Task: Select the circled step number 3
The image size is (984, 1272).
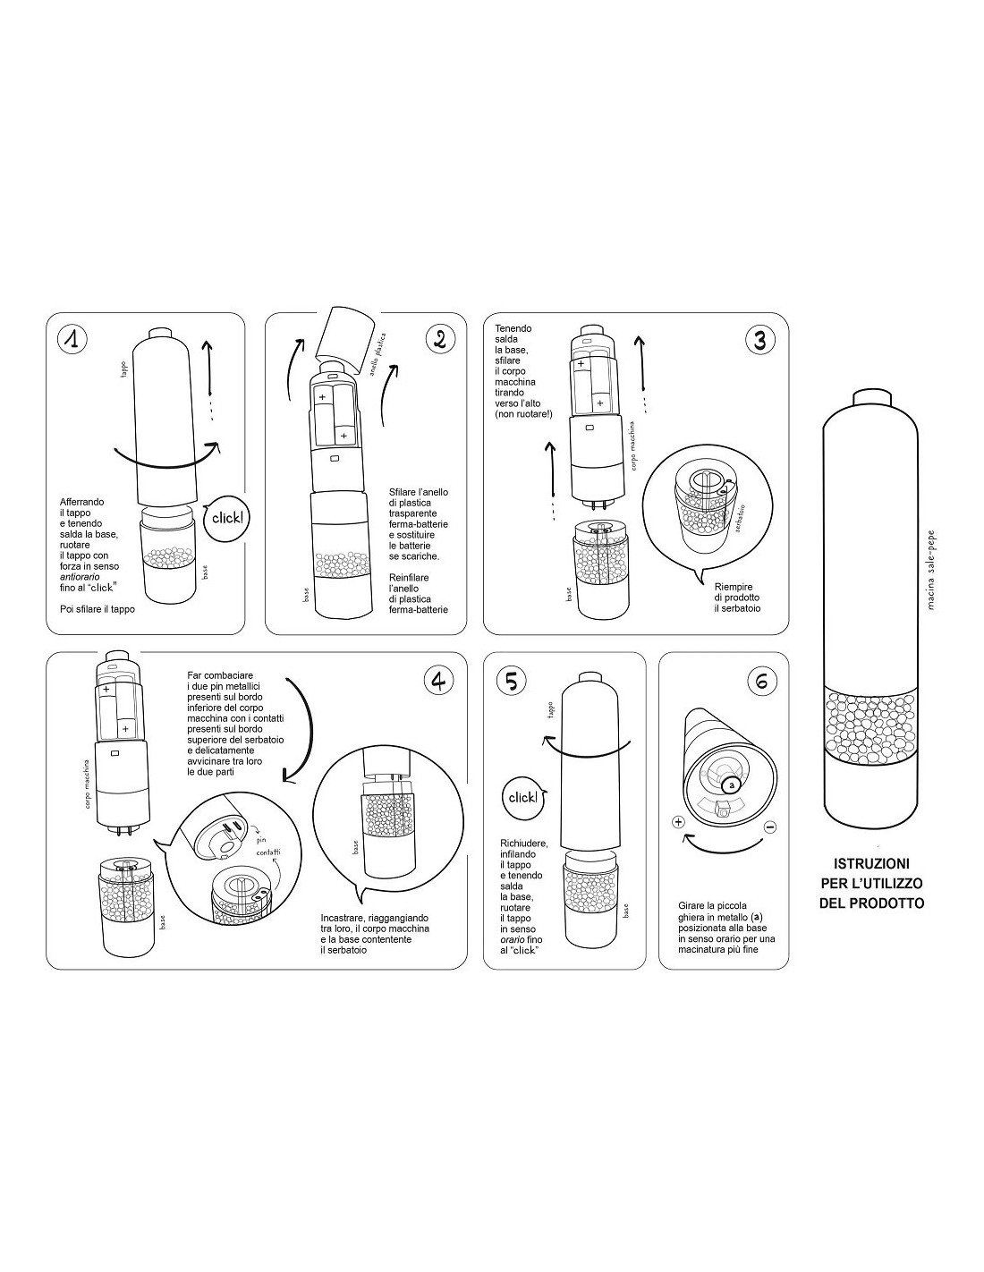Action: tap(759, 340)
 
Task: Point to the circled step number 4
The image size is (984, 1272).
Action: tap(439, 681)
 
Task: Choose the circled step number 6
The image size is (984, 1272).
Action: tap(762, 681)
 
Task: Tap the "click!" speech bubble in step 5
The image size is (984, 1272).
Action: tap(522, 797)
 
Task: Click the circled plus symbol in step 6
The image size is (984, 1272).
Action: tap(678, 822)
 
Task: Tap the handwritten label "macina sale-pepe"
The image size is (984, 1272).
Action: tap(931, 570)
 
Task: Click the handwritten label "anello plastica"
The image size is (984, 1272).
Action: tap(377, 355)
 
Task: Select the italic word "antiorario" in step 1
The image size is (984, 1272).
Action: tap(80, 577)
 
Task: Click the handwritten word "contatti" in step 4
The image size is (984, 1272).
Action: tap(268, 852)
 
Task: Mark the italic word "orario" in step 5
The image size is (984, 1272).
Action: tap(513, 939)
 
